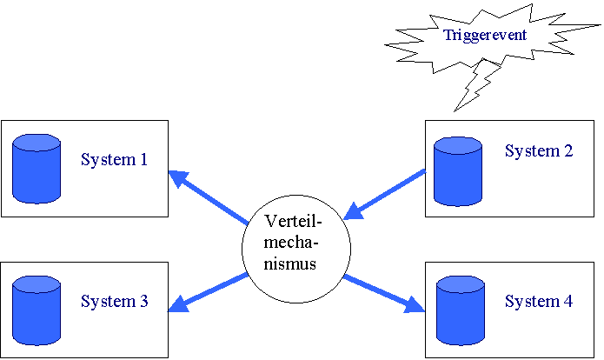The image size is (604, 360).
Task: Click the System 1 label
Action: [114, 160]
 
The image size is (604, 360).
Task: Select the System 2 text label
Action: [539, 151]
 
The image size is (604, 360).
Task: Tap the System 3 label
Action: [114, 303]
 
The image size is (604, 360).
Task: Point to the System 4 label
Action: [539, 303]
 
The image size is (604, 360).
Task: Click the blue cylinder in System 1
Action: [37, 169]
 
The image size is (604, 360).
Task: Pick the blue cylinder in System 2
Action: [458, 171]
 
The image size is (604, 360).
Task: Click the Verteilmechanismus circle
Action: [295, 244]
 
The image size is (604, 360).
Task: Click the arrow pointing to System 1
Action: [209, 197]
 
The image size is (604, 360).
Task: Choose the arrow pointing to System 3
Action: [209, 291]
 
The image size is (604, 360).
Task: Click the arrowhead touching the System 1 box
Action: [177, 178]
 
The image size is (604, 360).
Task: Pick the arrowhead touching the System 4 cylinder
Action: [416, 305]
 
